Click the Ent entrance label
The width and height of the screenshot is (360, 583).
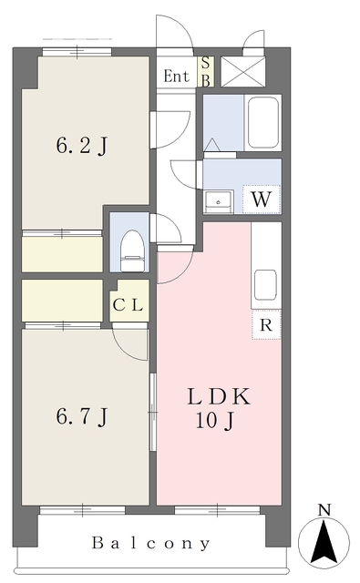tap(176, 76)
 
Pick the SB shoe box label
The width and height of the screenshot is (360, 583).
tap(206, 71)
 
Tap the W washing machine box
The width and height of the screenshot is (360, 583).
tap(261, 199)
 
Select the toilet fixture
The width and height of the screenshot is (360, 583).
tap(133, 248)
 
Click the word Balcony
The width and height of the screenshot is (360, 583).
tap(151, 544)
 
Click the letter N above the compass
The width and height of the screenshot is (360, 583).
tap(324, 510)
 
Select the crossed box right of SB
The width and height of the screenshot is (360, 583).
tap(242, 71)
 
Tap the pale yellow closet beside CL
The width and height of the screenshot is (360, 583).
tap(62, 300)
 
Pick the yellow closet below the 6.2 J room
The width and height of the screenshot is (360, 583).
tap(62, 254)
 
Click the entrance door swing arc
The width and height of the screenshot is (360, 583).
tap(178, 32)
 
